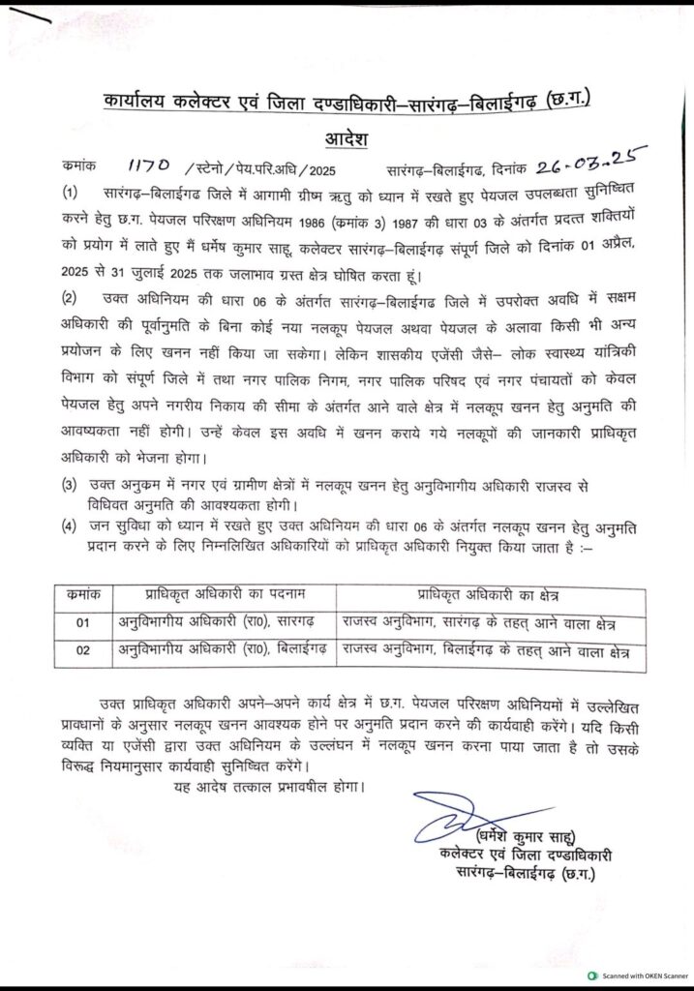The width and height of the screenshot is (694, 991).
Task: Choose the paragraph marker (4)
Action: [x=70, y=526]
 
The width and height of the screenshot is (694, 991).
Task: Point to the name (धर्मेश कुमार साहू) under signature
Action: [x=523, y=837]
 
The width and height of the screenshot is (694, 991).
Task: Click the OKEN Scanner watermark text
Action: [x=641, y=977]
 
